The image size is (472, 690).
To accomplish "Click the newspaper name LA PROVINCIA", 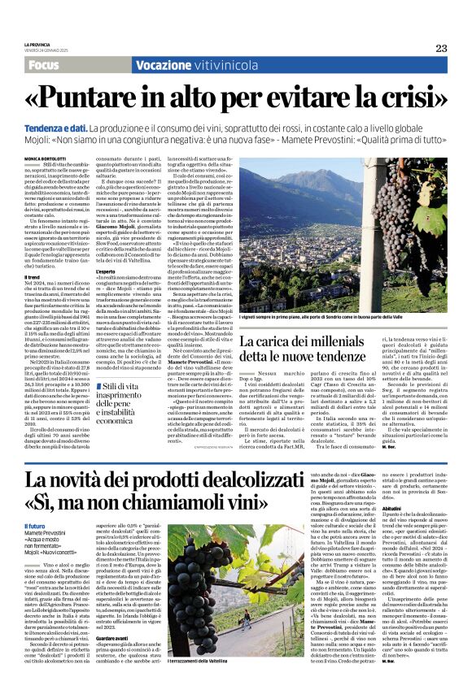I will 37,44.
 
